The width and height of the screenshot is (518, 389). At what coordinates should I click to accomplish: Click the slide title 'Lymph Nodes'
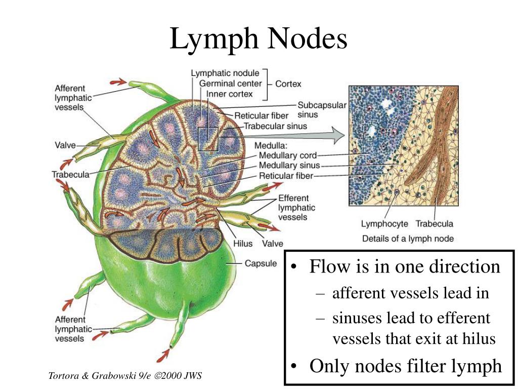coord(258,39)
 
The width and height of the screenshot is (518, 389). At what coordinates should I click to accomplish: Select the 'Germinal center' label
coord(231,84)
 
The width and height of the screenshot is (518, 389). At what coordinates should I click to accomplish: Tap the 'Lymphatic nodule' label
coord(225,73)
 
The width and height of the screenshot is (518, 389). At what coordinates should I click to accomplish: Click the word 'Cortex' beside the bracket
coord(288,84)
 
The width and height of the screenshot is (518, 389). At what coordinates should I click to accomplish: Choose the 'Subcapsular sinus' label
coord(322,110)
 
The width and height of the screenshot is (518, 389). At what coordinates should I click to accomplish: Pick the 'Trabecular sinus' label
coord(275,126)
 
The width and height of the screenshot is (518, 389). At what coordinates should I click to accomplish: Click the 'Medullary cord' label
coord(288,155)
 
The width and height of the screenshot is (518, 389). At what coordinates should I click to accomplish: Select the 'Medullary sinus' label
coord(289,166)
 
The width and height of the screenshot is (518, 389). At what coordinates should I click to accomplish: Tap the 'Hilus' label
coord(243,243)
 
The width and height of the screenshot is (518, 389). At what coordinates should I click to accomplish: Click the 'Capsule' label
coord(261,263)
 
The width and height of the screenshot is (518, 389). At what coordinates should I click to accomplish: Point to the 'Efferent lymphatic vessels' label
coord(296,208)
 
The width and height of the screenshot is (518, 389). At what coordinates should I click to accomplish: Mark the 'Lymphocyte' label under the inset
coord(384,223)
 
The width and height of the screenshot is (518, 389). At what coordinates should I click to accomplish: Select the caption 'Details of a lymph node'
coord(408,239)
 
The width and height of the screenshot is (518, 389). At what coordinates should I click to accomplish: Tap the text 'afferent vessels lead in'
coord(410,293)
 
